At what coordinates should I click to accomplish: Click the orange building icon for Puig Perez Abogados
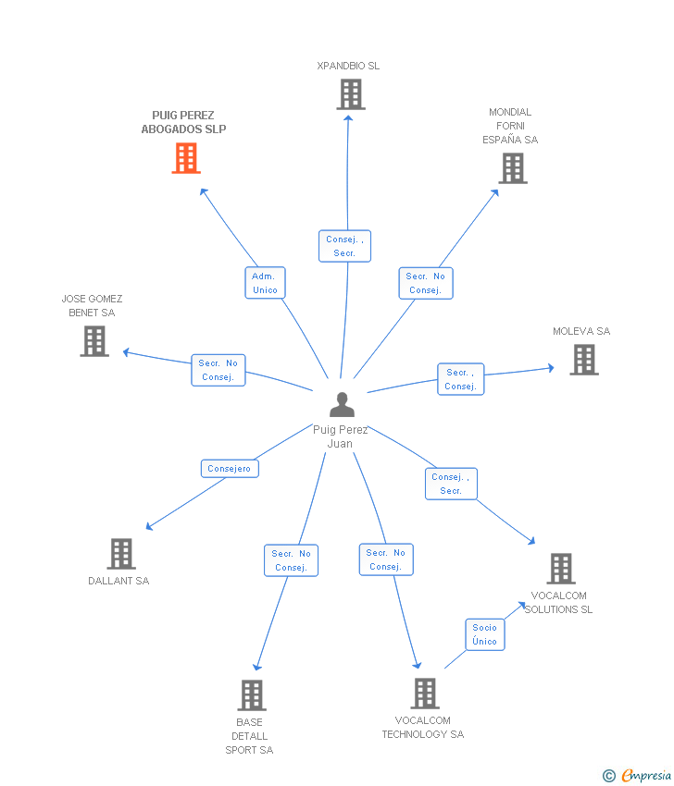coord(186,158)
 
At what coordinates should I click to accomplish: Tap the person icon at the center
coord(342,404)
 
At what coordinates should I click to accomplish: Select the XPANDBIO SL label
coord(348,66)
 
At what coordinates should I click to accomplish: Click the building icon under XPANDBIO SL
coord(351,94)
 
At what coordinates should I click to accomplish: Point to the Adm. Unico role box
coord(265,283)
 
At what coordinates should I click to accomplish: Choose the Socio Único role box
coord(485,634)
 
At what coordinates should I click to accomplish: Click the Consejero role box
coord(230,469)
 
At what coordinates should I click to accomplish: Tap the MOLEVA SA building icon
coord(584,360)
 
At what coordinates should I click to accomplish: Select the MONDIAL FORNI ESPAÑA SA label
coord(510,126)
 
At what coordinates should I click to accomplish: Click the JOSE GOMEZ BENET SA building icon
coord(94,341)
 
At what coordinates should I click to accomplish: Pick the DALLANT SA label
coord(119,581)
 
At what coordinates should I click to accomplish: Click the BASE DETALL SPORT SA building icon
coord(252,695)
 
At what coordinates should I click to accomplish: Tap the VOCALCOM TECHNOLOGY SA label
coord(423,728)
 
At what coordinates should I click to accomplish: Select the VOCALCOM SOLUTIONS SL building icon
coord(561,569)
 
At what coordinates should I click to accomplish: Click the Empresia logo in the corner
coord(637,776)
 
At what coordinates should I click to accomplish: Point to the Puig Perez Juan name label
coord(341,436)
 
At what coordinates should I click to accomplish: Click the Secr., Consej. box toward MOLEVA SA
coord(461,379)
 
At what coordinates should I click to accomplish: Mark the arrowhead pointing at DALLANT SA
coord(149,526)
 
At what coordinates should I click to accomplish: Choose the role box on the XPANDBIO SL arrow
coord(344,246)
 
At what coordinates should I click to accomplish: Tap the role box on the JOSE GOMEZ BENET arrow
coord(218,371)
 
